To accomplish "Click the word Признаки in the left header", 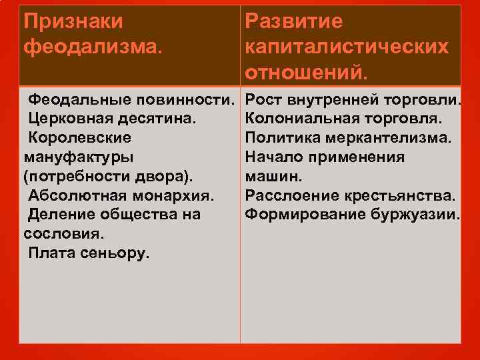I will (x=73, y=22).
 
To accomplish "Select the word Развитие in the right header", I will (x=294, y=22).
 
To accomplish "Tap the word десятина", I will (x=157, y=119).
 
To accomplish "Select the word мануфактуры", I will (x=78, y=157).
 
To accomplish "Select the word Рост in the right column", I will (x=265, y=100).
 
